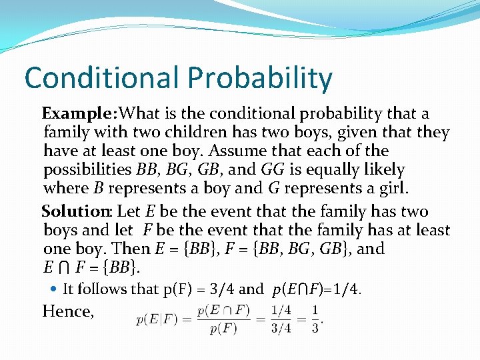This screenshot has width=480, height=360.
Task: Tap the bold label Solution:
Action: tap(77, 212)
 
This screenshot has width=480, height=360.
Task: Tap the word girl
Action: tap(391, 188)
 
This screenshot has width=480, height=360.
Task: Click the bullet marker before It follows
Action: tap(54, 289)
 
